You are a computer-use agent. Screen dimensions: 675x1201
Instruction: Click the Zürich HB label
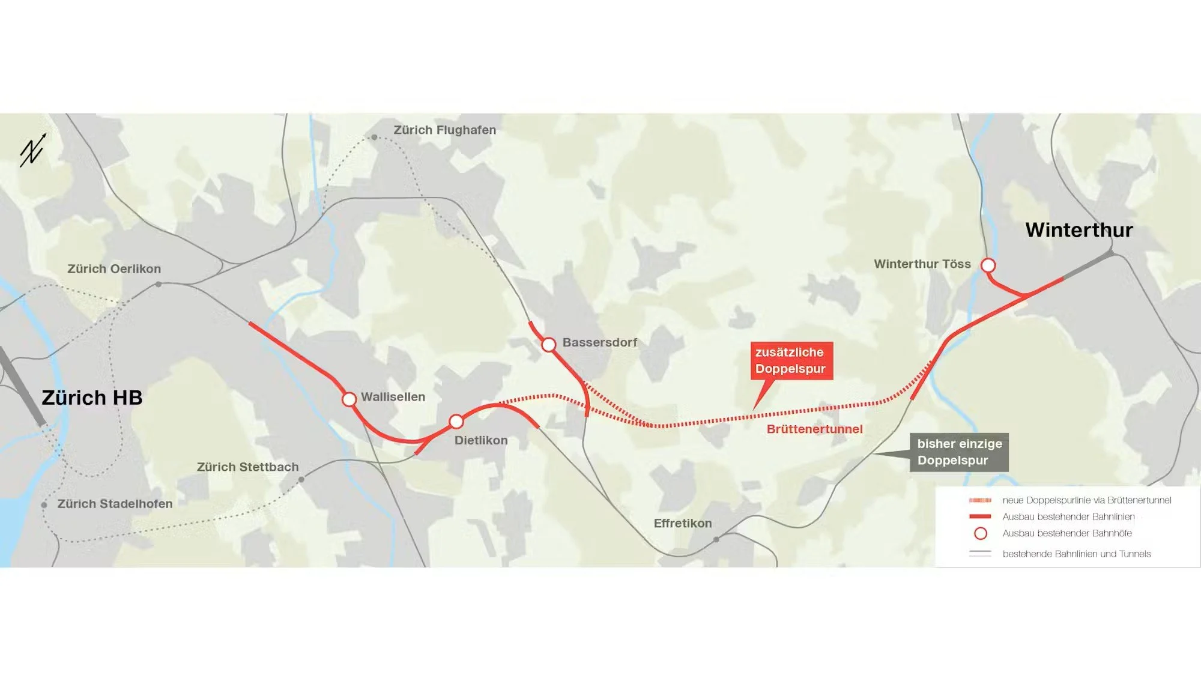[92, 398]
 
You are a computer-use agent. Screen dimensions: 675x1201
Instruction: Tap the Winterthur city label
[1078, 230]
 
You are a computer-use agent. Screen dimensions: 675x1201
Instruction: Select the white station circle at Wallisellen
[349, 399]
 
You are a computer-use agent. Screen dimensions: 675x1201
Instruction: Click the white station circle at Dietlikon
[456, 421]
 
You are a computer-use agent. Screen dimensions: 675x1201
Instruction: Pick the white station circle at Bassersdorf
[549, 345]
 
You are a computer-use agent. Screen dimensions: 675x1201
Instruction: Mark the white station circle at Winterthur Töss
[988, 265]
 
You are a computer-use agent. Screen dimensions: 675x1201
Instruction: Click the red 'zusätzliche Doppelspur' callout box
[791, 360]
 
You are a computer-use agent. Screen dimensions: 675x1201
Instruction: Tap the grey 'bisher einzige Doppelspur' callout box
[959, 452]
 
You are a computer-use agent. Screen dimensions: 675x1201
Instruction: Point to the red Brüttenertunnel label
[814, 429]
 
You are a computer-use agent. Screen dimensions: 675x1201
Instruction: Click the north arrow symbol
[33, 150]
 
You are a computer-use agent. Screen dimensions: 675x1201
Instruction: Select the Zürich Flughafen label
[444, 130]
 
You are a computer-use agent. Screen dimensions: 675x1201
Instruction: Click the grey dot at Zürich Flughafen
[374, 138]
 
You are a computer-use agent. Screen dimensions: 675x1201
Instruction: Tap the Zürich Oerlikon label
[114, 269]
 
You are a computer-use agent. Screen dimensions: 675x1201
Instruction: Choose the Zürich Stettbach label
[247, 467]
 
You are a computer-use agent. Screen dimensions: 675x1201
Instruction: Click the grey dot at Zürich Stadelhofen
[44, 505]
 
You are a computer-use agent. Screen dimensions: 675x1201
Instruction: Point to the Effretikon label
[683, 524]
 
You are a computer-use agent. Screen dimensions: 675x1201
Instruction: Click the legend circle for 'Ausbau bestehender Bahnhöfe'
[980, 533]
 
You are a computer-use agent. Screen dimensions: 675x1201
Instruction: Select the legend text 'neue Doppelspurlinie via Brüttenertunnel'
[1086, 500]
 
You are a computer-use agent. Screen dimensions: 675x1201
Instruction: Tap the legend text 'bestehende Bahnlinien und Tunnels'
[1076, 554]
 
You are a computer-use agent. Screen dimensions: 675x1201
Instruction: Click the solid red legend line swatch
[980, 516]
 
